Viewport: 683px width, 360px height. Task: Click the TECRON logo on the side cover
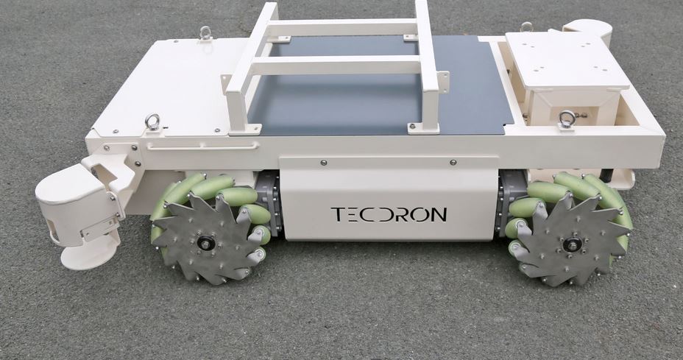coord(389,214)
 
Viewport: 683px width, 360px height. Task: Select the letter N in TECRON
coord(439,214)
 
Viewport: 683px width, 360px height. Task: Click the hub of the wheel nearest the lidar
coord(205,243)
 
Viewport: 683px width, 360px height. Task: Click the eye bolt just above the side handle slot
coord(153,121)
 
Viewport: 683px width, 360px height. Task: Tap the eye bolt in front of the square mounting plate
coord(567,119)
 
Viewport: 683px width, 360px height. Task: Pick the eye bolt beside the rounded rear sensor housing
coord(526,27)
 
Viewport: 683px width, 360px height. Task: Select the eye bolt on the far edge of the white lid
coord(205,32)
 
